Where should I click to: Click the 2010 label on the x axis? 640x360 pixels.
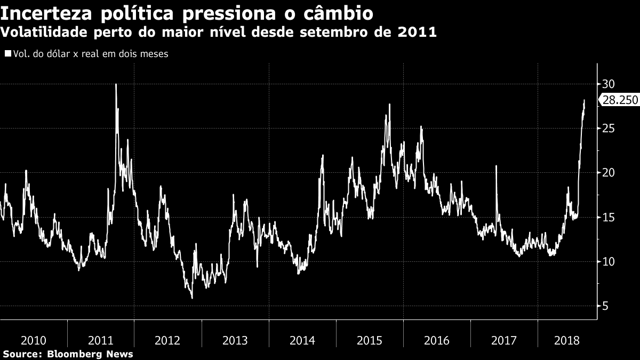click(33, 340)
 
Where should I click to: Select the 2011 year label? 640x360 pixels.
click(100, 340)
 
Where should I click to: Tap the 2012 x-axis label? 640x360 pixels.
click(167, 340)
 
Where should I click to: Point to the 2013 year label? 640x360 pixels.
click(235, 340)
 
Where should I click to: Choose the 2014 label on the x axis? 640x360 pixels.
click(302, 340)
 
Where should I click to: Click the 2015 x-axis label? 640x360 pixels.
click(369, 340)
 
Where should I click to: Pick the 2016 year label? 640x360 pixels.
click(436, 340)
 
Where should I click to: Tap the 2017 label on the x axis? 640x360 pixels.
click(503, 340)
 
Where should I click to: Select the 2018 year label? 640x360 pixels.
click(566, 340)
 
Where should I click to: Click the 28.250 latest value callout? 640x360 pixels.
click(620, 100)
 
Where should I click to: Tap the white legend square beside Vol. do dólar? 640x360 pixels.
click(7, 54)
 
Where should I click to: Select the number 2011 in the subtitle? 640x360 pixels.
click(417, 32)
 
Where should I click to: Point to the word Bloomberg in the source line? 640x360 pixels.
click(71, 354)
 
